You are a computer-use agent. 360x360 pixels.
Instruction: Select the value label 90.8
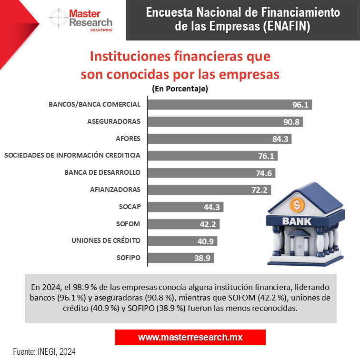click(291, 122)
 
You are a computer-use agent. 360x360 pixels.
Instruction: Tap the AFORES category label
click(128, 139)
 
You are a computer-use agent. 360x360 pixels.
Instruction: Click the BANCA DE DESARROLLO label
click(102, 172)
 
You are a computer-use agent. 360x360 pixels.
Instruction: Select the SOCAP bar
click(186, 207)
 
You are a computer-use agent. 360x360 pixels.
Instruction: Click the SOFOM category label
click(129, 223)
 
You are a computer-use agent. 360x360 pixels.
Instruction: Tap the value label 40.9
click(205, 241)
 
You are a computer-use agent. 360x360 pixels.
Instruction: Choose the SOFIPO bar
click(181, 258)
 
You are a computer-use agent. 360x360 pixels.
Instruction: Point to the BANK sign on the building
click(298, 221)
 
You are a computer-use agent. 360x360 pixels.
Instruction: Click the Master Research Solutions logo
click(81, 20)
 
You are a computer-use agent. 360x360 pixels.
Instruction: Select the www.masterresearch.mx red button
click(190, 337)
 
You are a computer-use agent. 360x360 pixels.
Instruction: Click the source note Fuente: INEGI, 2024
click(44, 352)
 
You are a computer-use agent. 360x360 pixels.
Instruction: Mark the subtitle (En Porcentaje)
click(180, 89)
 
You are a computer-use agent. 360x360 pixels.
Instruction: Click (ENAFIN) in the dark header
click(287, 27)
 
